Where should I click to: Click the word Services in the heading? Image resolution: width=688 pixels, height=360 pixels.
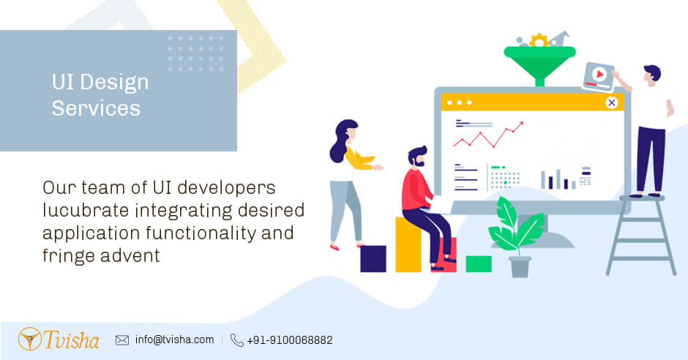(95, 108)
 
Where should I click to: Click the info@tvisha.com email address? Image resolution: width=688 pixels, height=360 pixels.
(174, 340)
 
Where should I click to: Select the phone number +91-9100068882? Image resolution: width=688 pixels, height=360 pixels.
(290, 340)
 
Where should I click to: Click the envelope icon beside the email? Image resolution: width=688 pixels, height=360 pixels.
(122, 340)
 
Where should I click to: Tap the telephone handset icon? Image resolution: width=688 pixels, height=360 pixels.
(236, 340)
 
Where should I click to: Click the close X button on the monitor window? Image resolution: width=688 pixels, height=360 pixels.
(611, 102)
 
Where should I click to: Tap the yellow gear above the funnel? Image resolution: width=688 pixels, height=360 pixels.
(539, 40)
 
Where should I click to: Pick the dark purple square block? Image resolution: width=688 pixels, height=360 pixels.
(373, 258)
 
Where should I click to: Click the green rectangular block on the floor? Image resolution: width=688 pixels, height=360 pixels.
(479, 263)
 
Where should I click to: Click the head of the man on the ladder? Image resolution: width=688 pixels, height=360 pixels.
(651, 74)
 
